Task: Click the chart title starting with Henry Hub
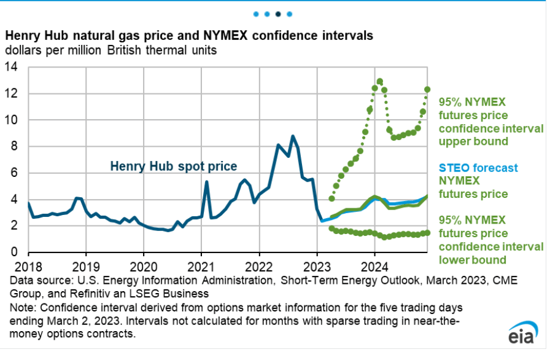(189, 36)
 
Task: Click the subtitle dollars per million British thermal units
(111, 50)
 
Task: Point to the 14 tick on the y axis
(12, 67)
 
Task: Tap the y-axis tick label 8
(16, 146)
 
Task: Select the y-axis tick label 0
(16, 252)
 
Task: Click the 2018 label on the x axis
(28, 268)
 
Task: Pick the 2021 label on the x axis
(201, 268)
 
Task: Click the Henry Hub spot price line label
(173, 166)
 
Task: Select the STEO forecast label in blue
(479, 168)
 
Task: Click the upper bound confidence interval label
(491, 122)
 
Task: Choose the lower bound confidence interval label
(491, 240)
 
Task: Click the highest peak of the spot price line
(293, 136)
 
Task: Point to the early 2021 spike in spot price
(206, 182)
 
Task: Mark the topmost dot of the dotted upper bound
(380, 81)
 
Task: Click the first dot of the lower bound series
(332, 229)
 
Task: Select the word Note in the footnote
(17, 306)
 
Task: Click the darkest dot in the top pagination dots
(279, 13)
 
